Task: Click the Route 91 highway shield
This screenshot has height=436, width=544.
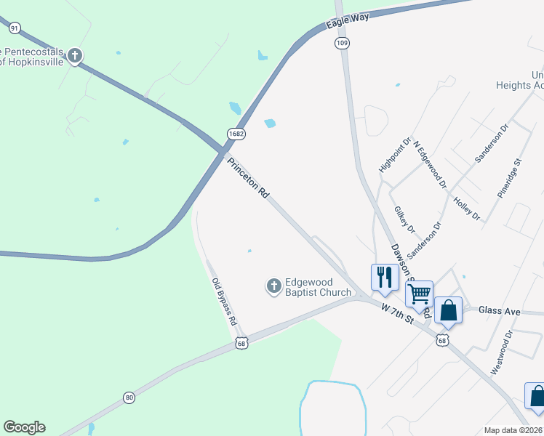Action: click(15, 28)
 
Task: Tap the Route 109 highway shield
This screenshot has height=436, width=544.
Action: click(342, 44)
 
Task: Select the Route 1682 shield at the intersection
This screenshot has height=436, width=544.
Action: click(235, 134)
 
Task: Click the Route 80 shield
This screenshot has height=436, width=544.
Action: click(129, 397)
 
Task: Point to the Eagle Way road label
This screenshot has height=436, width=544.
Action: click(348, 20)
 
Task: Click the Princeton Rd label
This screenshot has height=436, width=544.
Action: click(249, 179)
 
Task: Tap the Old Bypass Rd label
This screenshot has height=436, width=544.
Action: click(224, 301)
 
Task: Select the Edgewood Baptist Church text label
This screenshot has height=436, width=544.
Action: click(319, 288)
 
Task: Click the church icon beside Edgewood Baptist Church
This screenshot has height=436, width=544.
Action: click(274, 286)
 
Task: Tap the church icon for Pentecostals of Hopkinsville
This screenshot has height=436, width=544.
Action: click(75, 55)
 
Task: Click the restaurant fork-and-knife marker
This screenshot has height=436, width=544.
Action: click(385, 277)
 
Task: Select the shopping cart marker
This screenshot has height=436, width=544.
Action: click(419, 294)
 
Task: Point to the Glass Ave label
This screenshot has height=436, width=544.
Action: click(500, 311)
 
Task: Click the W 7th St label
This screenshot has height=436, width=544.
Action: click(397, 314)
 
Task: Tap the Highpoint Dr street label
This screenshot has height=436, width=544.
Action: click(390, 155)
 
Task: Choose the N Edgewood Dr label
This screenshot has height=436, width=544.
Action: click(430, 165)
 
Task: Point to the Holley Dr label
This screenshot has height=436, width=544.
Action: click(466, 208)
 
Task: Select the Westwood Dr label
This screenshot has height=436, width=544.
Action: click(502, 352)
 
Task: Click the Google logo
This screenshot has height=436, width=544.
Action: click(25, 427)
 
